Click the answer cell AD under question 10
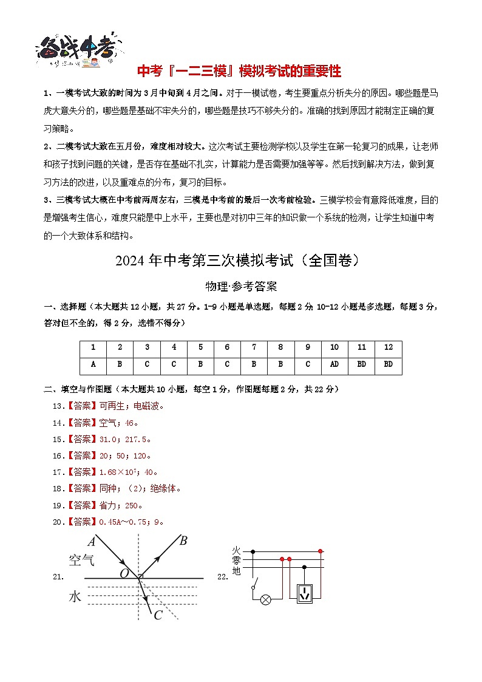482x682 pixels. [334, 365]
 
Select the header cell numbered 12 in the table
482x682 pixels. [389, 347]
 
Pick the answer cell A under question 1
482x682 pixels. [93, 365]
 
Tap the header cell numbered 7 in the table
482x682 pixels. [254, 347]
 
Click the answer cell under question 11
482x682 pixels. [361, 365]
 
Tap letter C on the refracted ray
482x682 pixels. [158, 615]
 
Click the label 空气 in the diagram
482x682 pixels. [81, 560]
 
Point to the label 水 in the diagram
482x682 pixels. [75, 596]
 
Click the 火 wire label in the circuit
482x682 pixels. [236, 551]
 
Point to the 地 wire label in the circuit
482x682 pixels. [236, 571]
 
